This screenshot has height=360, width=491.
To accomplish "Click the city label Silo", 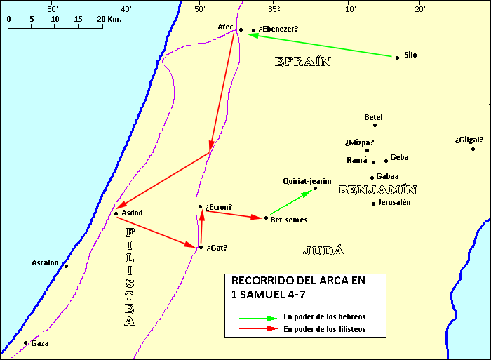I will tap(410, 55).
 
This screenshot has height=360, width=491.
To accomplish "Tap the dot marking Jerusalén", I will tap(373, 204).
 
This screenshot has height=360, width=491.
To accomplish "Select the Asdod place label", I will tap(132, 213).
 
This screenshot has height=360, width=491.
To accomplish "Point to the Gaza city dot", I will tap(26, 343).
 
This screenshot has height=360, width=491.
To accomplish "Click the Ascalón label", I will tap(45, 262).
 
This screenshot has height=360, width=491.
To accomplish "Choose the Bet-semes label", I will tap(289, 220).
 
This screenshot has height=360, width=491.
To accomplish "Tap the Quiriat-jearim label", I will tap(307, 180).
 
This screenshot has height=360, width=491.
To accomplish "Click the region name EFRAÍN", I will tap(302, 62).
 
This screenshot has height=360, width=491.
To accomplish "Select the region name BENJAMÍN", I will tap(377, 189).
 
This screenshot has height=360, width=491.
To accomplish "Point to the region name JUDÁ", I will tap(324, 251).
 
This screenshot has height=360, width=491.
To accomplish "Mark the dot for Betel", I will tap(375, 125).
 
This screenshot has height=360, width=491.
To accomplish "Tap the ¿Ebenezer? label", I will tap(278, 29).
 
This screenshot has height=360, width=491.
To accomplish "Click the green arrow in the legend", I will tap(257, 317).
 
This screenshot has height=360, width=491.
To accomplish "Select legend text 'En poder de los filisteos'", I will tap(324, 328).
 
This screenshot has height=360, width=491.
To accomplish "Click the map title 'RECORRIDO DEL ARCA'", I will tap(298, 281).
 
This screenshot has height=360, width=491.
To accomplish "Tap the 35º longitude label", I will tap(274, 9).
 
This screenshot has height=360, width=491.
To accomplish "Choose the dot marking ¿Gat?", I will tap(201, 247).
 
